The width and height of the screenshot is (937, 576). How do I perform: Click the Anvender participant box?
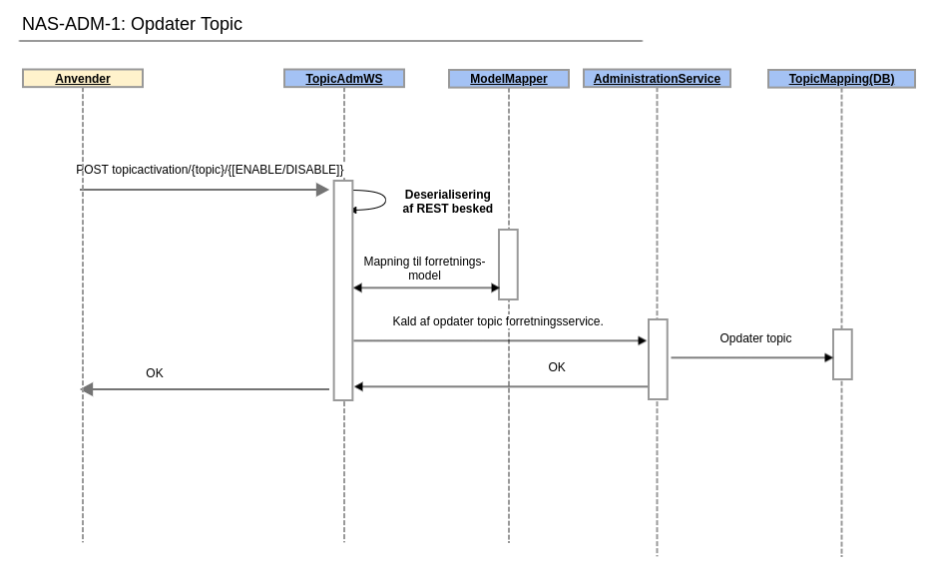pos(83,79)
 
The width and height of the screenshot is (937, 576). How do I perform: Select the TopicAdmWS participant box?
pos(344,79)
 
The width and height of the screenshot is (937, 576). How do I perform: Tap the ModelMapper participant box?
pos(509,79)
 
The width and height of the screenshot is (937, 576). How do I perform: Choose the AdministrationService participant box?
pos(657,79)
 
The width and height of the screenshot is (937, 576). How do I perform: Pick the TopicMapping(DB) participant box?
pos(841,79)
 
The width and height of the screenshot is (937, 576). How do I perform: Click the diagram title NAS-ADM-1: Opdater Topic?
pos(132,24)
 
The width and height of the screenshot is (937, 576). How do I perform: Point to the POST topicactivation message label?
pos(210,170)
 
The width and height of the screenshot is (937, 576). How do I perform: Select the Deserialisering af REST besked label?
pos(447,202)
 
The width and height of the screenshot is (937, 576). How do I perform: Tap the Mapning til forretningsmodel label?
pos(424,269)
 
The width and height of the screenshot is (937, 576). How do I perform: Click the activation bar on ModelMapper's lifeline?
pos(508,265)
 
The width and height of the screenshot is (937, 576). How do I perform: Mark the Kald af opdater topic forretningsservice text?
pos(497,321)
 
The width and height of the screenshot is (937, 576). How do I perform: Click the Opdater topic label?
pos(755,338)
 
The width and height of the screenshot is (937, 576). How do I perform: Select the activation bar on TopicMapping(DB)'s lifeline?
pos(842,354)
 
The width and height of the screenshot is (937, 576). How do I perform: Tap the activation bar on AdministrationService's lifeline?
pos(658,359)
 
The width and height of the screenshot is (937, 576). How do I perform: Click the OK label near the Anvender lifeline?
pos(155,373)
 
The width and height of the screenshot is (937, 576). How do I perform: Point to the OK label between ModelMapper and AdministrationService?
pos(557,367)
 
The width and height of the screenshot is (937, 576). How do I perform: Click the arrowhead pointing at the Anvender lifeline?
pos(87,389)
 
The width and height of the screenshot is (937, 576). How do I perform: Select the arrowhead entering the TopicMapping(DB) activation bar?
pos(828,357)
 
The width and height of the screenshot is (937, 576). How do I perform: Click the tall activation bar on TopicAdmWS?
pos(343,290)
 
